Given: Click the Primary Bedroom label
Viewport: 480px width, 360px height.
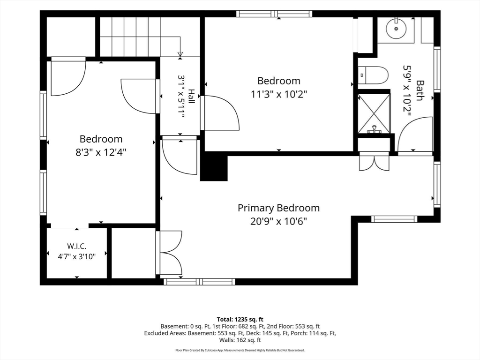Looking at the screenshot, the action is (x=278, y=208).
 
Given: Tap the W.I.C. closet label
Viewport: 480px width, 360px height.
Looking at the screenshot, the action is (x=76, y=246).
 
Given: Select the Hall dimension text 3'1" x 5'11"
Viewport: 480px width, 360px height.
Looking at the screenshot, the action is (x=182, y=97).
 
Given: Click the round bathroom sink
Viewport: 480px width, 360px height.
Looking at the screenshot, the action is (x=396, y=29).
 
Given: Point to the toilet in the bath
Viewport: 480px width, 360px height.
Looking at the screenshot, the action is (x=373, y=75).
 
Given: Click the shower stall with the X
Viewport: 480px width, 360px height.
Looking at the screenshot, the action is (x=374, y=113).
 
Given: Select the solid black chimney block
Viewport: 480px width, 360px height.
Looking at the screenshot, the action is (x=214, y=166).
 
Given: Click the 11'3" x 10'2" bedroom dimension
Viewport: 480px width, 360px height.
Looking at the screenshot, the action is (x=279, y=94).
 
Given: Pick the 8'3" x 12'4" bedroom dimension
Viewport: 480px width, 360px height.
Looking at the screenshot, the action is (x=101, y=152).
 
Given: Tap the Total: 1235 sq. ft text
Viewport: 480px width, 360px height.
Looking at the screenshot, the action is (x=240, y=320).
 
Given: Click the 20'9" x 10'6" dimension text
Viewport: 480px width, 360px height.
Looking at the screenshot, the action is (x=278, y=221).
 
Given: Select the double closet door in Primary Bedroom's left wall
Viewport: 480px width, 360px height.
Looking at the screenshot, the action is (x=169, y=253).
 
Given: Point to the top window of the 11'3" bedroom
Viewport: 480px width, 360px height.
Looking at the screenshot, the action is (x=274, y=14).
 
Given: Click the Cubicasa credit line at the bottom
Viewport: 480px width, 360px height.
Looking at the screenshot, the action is (x=240, y=350).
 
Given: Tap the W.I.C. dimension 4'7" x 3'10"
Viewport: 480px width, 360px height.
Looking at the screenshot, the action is (x=77, y=256).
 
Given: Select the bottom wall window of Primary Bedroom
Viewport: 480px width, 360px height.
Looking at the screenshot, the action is (x=199, y=282).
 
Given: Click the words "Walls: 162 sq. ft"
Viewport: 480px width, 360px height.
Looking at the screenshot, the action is (x=240, y=340).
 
